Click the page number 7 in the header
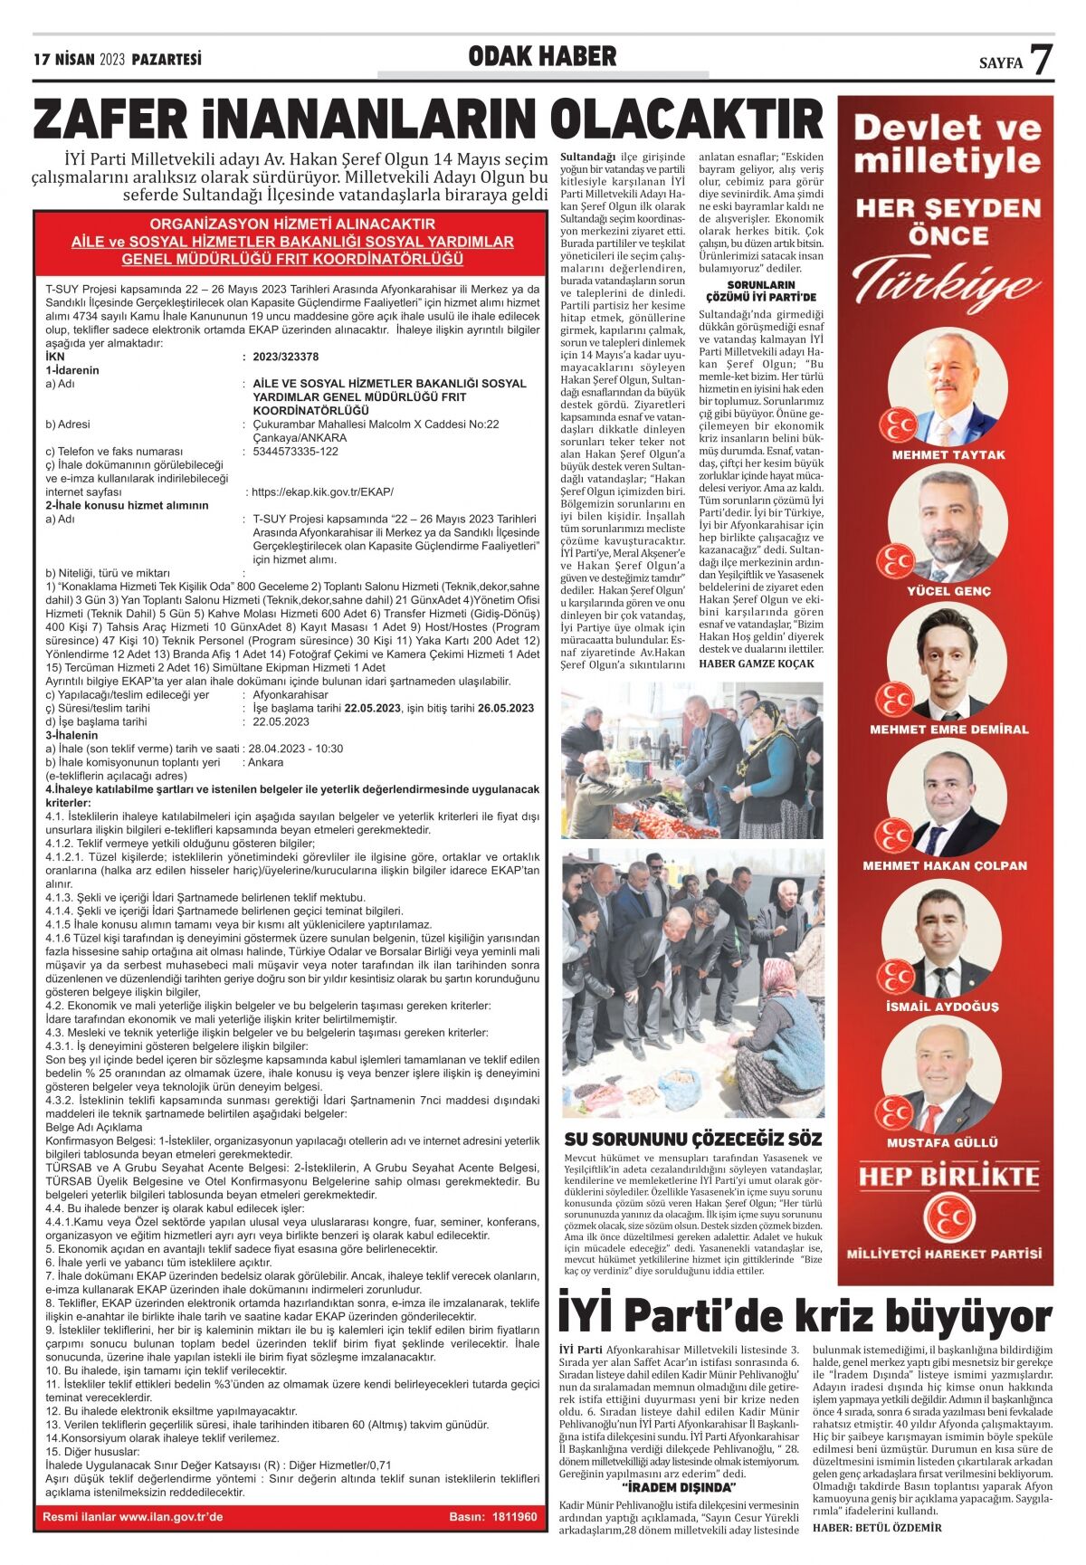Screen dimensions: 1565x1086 tap(1042, 60)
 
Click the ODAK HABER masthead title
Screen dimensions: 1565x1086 tap(542, 57)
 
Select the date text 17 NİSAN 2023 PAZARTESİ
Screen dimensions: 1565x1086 tap(118, 60)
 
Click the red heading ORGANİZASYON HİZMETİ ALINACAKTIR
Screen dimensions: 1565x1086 tap(292, 224)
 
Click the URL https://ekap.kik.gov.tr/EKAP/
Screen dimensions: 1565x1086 tap(323, 491)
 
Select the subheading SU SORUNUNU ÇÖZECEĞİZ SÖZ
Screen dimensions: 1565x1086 tap(693, 1139)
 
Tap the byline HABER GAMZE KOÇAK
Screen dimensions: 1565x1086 tap(757, 663)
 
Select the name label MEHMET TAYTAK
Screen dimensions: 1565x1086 tap(948, 454)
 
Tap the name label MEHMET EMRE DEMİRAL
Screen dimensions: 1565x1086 tap(948, 729)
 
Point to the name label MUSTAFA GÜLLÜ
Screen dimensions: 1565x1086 tap(948, 1142)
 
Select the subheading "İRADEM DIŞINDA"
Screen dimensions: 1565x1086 tap(680, 1486)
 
